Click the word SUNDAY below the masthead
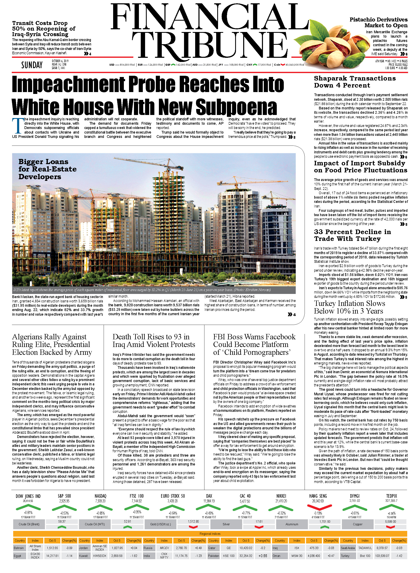tap(32, 65)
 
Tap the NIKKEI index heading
tap(281, 496)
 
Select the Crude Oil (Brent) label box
tap(29, 524)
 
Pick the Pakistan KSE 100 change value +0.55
tap(263, 556)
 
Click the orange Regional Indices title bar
tap(210, 534)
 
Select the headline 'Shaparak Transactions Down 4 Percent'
tap(355, 82)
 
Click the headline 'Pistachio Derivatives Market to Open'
tap(378, 22)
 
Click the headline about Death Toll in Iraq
tap(154, 341)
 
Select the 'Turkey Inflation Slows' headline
tap(349, 307)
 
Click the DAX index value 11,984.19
tap(209, 501)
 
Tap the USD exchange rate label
tap(112, 65)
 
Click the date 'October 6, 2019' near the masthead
tap(60, 61)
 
